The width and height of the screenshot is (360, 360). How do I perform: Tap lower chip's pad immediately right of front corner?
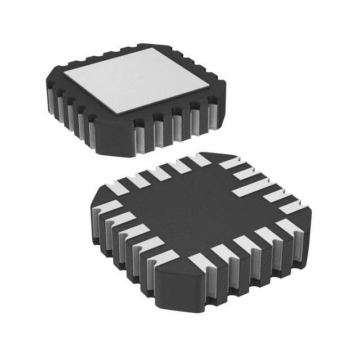pyautogui.click(x=197, y=261)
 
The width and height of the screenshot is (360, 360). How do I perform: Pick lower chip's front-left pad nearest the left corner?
pyautogui.click(x=109, y=206)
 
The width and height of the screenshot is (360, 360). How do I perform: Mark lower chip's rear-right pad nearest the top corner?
pyautogui.click(x=230, y=163)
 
